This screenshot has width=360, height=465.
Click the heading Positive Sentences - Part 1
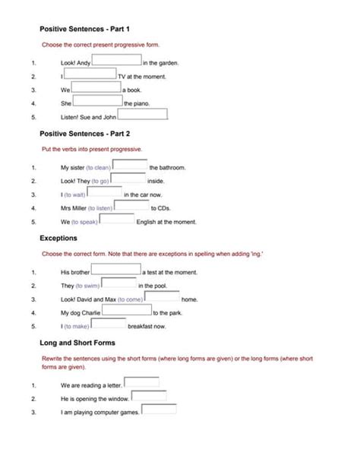(x=85, y=29)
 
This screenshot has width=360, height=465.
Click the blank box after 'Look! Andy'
(x=116, y=61)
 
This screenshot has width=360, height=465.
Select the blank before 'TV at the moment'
(x=90, y=74)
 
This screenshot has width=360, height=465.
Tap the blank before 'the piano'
(x=97, y=101)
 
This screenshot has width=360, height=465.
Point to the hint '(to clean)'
(x=99, y=167)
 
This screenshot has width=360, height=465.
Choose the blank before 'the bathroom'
(x=130, y=165)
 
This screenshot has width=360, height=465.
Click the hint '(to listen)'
(x=100, y=208)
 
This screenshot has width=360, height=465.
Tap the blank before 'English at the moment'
(x=117, y=220)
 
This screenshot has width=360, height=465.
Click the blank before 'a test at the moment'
(x=116, y=270)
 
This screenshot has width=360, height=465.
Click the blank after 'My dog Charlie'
(x=127, y=310)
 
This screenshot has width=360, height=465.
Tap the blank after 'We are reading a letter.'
(x=141, y=382)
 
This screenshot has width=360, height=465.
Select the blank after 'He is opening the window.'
(x=149, y=396)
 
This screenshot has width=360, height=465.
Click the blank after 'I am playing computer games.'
(x=159, y=410)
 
